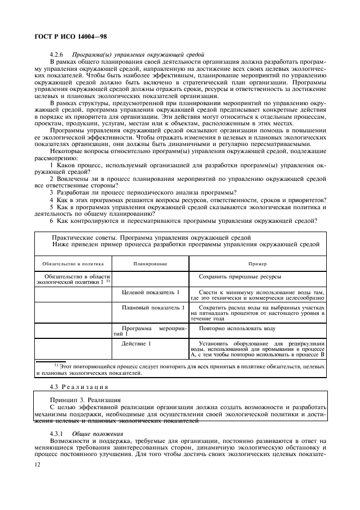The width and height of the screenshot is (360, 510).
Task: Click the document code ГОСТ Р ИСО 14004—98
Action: [68, 36]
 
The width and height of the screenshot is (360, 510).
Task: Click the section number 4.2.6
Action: [57, 54]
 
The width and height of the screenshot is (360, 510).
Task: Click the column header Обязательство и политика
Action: [73, 264]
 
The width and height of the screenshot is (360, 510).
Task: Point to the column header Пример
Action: [258, 264]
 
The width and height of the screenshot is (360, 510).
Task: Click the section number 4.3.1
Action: [57, 433]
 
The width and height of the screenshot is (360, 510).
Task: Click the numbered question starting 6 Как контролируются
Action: [184, 220]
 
